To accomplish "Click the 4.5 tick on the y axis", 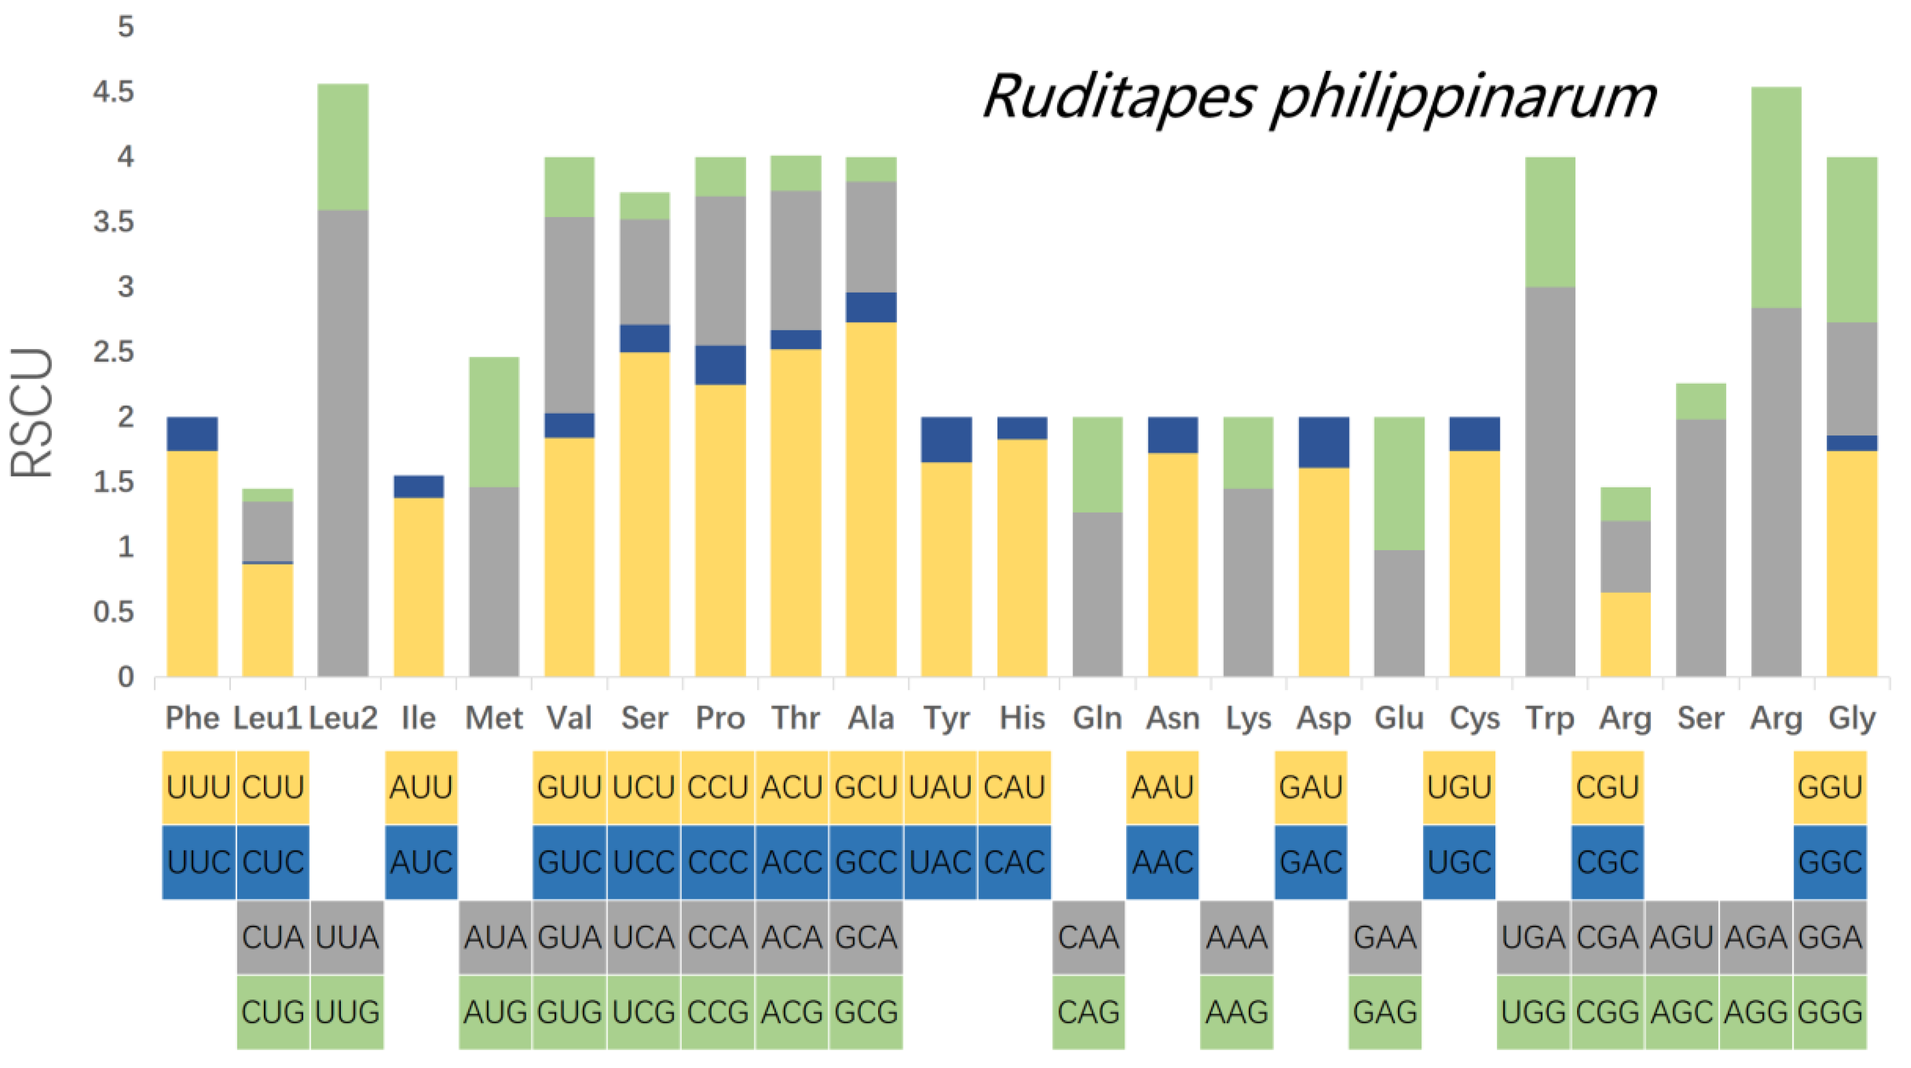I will (113, 92).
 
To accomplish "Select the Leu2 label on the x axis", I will (343, 718).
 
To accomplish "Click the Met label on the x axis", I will (493, 718).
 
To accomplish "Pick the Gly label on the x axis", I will (1852, 718).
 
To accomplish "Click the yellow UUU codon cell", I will (199, 787).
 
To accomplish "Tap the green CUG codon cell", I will (273, 1012).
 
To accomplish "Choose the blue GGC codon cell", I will (1830, 862).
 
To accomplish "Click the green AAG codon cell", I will (1237, 1012).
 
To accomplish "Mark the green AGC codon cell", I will (1682, 1012).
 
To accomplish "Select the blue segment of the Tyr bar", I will (947, 440).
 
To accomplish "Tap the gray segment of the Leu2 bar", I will (343, 442).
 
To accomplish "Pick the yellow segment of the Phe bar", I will (192, 564).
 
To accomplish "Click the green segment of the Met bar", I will (494, 422).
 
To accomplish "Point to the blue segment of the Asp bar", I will (1324, 442).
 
